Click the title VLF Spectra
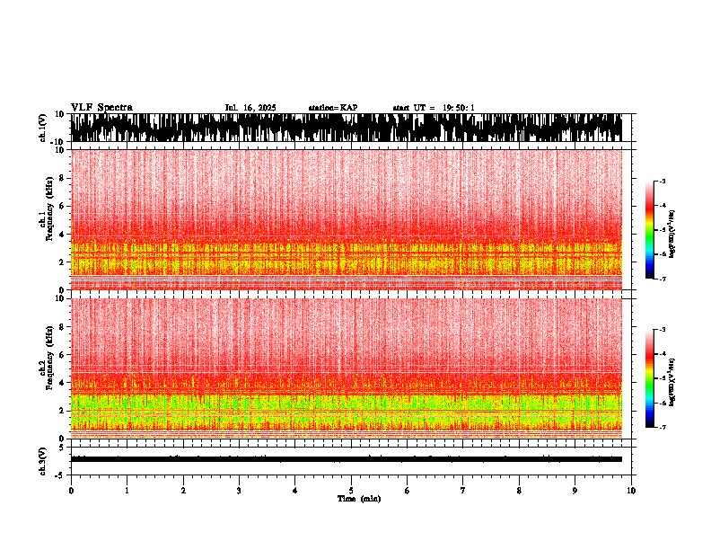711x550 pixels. coord(101,108)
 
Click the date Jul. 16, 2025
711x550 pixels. coord(250,108)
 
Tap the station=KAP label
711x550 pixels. coord(333,108)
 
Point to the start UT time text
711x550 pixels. coord(434,108)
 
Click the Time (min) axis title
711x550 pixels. coord(358,499)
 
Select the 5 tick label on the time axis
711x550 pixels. coord(351,491)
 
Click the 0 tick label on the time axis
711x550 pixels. coord(71,491)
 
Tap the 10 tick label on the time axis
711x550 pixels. coord(631,491)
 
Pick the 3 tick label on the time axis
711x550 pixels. coord(239,491)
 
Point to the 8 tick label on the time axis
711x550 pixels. coord(519,491)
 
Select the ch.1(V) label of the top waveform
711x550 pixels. coord(43,129)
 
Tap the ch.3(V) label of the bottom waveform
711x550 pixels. coord(43,459)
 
